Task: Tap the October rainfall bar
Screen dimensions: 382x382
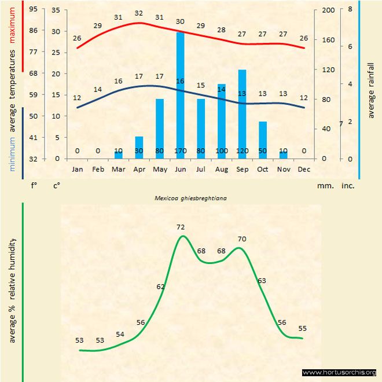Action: (263, 139)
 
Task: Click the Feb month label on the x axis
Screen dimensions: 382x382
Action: (98, 169)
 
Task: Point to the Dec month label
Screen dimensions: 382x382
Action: (304, 169)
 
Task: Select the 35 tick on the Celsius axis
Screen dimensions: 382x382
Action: (56, 10)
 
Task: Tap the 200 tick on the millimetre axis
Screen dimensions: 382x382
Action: (328, 10)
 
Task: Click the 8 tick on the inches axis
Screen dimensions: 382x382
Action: (350, 10)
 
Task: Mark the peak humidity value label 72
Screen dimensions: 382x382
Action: (181, 227)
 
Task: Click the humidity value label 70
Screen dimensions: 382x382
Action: (242, 238)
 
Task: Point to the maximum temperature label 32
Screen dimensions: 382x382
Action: (139, 13)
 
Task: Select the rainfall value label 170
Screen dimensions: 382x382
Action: (180, 152)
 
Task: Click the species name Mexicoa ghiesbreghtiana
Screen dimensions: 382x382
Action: (190, 197)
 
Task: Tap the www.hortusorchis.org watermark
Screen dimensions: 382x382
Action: (339, 372)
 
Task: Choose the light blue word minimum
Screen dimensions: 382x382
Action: (12, 153)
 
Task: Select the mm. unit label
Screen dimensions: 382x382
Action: (324, 186)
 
